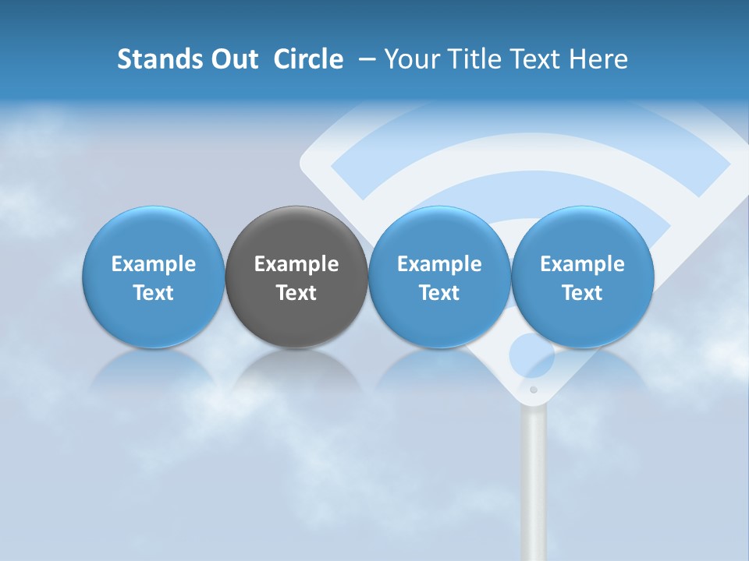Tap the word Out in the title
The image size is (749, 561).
(x=233, y=59)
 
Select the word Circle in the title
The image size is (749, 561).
(x=308, y=59)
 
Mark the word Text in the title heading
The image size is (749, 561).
(x=535, y=59)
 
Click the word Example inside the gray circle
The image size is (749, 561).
(x=296, y=264)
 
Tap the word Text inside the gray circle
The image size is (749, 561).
(x=296, y=293)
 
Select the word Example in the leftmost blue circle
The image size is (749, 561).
(x=154, y=264)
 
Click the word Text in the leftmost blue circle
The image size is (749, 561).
(x=154, y=293)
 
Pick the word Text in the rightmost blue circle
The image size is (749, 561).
(x=582, y=293)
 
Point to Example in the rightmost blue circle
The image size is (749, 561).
(x=582, y=264)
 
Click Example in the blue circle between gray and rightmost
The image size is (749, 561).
(x=439, y=264)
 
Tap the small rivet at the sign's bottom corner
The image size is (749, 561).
(x=534, y=390)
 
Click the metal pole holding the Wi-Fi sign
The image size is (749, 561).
(x=534, y=483)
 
